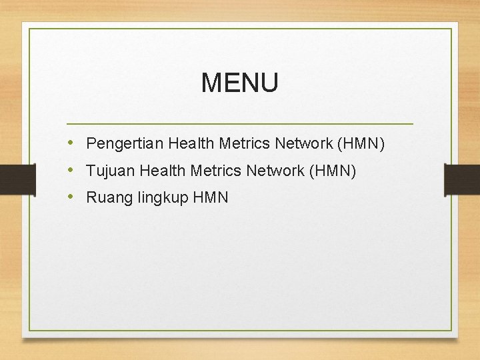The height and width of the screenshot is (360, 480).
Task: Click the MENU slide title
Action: pyautogui.click(x=239, y=83)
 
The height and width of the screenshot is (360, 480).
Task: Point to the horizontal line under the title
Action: pyautogui.click(x=240, y=124)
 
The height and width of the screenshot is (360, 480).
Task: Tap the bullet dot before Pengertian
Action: pyautogui.click(x=71, y=143)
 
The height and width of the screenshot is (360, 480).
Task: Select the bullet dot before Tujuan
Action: pyautogui.click(x=71, y=171)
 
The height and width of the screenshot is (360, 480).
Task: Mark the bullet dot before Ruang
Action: pyautogui.click(x=71, y=197)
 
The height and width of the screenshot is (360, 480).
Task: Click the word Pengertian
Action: pyautogui.click(x=125, y=144)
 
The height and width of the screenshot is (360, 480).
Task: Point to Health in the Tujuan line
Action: pyautogui.click(x=163, y=171)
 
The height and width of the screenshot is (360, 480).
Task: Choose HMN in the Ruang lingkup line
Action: pyautogui.click(x=211, y=197)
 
